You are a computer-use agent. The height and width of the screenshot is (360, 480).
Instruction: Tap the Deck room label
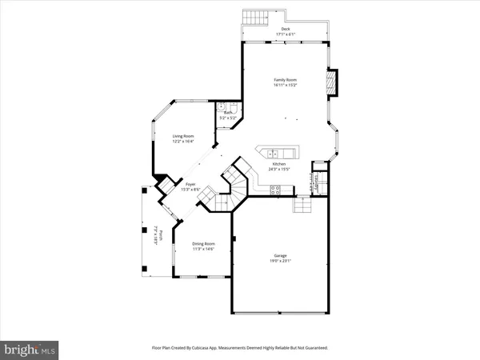click(x=286, y=29)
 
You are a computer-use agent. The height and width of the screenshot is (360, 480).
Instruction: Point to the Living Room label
click(x=183, y=136)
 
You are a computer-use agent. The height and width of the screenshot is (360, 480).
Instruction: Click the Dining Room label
click(x=203, y=243)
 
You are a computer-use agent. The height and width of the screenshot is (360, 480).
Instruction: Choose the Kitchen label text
click(x=278, y=164)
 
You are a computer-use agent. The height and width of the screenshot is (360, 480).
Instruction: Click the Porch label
click(x=161, y=234)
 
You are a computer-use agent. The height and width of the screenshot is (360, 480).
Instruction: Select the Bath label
click(x=227, y=113)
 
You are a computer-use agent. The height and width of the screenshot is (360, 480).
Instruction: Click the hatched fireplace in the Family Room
click(x=335, y=82)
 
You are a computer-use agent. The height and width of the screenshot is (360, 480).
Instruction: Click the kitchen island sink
click(x=272, y=151)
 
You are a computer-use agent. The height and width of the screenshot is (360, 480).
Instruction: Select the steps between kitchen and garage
click(x=302, y=207)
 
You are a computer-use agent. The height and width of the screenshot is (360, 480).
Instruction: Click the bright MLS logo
click(x=30, y=349)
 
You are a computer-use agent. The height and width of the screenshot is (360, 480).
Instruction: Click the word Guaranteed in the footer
click(x=310, y=348)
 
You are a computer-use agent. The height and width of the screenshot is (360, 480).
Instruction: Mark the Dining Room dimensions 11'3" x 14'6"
click(x=203, y=249)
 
